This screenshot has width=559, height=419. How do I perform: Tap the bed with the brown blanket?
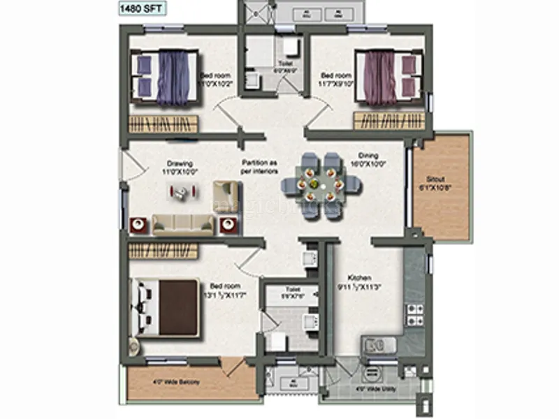click(168, 307)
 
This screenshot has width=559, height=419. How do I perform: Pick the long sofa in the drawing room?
click(183, 223)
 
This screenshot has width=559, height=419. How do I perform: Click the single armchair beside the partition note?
click(225, 193)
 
